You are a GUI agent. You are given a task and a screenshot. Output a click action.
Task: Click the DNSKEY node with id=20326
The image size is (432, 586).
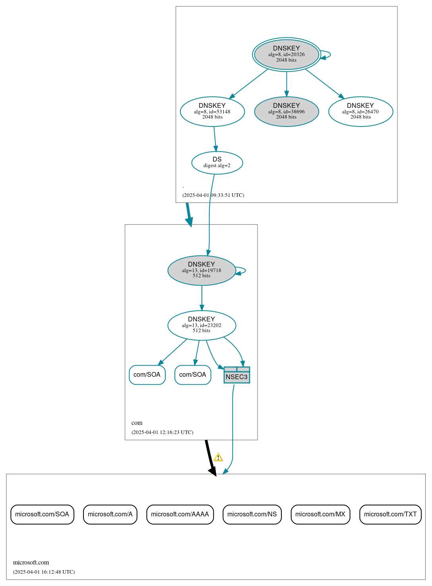point(286,55)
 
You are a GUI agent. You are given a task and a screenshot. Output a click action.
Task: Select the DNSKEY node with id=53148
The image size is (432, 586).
point(212,111)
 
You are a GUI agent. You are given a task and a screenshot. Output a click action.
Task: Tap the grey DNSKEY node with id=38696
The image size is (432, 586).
point(286,111)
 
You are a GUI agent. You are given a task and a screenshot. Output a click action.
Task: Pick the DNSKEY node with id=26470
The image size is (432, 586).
point(360,111)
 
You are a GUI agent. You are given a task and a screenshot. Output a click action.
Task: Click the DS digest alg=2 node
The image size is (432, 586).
point(217,162)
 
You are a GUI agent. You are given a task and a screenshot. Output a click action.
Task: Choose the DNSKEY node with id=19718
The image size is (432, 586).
point(201,270)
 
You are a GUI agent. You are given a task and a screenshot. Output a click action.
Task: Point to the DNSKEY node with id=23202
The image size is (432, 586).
point(201,325)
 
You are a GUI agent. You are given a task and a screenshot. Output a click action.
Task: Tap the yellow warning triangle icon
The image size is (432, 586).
point(218,458)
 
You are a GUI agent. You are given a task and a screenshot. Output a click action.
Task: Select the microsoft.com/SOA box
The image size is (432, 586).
point(42,514)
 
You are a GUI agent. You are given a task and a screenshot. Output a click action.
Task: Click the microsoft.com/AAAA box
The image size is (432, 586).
point(180,514)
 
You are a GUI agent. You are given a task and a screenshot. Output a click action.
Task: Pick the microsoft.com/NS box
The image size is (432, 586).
point(252,514)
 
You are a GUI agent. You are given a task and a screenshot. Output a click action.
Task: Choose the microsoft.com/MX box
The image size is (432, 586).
point(320,514)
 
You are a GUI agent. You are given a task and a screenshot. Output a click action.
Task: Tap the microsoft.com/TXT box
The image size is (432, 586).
point(390,514)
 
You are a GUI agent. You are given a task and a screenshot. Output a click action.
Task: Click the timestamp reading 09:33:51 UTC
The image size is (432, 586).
point(213,195)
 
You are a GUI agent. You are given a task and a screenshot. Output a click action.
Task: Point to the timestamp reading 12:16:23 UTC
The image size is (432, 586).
point(162,432)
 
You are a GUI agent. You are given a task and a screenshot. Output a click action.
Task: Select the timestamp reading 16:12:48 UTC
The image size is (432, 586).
point(44,572)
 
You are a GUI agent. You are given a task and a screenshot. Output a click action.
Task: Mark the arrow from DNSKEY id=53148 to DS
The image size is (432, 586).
point(215,139)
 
